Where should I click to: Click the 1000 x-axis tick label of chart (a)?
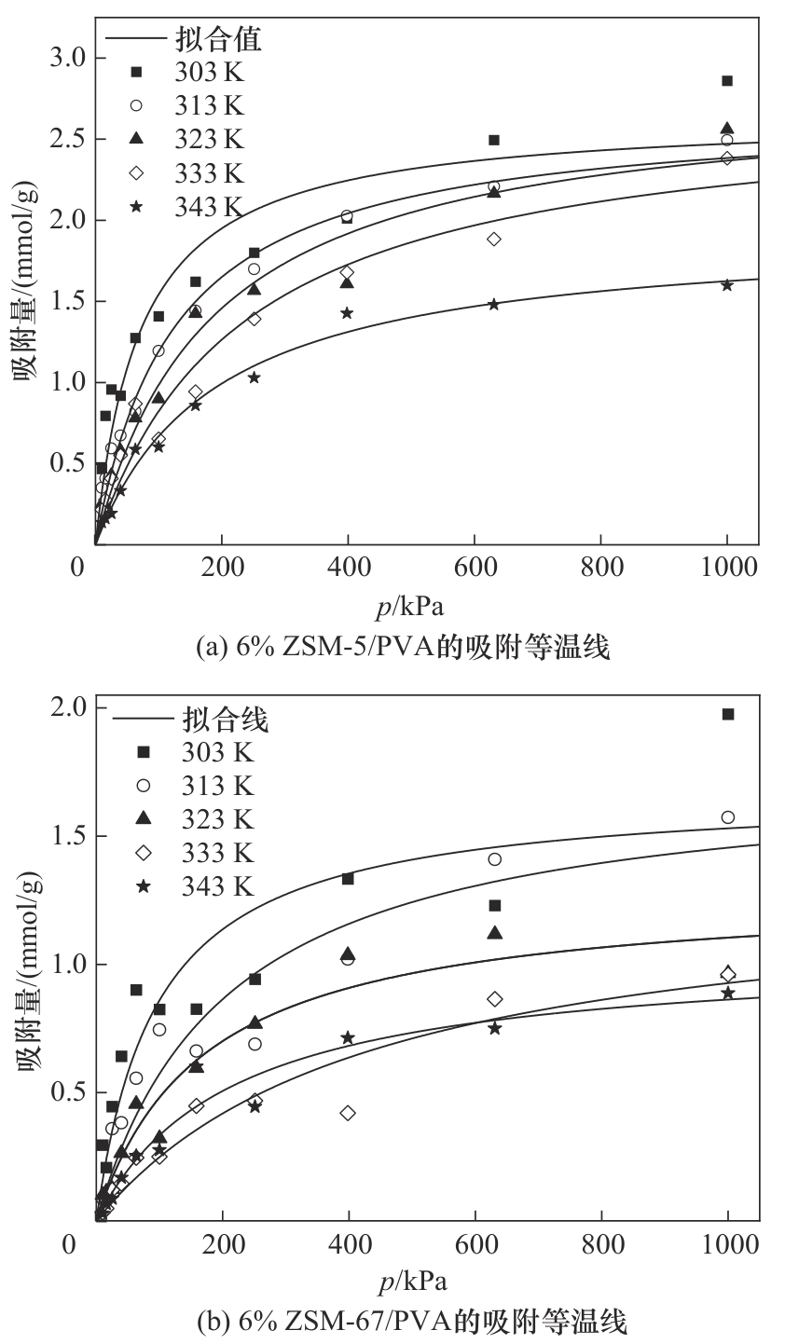[726, 566]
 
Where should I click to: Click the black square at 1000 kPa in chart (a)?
[727, 81]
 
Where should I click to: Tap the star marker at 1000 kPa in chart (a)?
[727, 285]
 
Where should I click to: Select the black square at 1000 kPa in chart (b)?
[728, 714]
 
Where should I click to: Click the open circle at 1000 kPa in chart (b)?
[728, 817]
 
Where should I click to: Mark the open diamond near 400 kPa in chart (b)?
[349, 1113]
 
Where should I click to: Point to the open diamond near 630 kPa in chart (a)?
[494, 240]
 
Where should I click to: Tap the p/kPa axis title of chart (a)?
[411, 607]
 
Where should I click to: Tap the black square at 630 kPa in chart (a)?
[494, 140]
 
